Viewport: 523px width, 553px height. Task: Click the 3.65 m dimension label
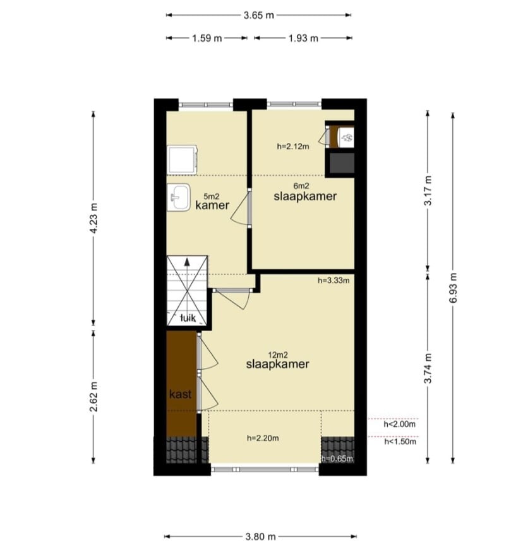pyautogui.click(x=258, y=16)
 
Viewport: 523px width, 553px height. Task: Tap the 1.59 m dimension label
pyautogui.click(x=207, y=38)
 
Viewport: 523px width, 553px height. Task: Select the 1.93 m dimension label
pyautogui.click(x=303, y=38)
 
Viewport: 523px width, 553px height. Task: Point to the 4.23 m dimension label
pyautogui.click(x=93, y=218)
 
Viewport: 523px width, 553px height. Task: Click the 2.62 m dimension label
pyautogui.click(x=93, y=397)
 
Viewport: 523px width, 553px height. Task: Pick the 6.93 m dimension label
pyautogui.click(x=454, y=288)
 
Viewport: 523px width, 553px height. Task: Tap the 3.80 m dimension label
pyautogui.click(x=260, y=537)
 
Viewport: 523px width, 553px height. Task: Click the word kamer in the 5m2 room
pyautogui.click(x=212, y=205)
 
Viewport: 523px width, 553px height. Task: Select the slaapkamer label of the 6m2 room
pyautogui.click(x=305, y=197)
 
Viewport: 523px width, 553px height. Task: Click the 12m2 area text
pyautogui.click(x=278, y=355)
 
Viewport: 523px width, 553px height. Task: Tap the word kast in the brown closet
pyautogui.click(x=181, y=394)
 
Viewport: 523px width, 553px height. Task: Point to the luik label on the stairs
pyautogui.click(x=188, y=318)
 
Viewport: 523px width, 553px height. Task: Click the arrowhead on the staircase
pyautogui.click(x=187, y=262)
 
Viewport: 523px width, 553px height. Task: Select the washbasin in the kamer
pyautogui.click(x=179, y=197)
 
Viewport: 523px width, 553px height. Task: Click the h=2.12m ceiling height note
pyautogui.click(x=293, y=147)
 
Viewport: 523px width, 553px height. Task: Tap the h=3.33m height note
pyautogui.click(x=334, y=281)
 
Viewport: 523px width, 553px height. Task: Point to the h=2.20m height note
pyautogui.click(x=263, y=439)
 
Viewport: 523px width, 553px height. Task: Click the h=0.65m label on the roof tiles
pyautogui.click(x=337, y=459)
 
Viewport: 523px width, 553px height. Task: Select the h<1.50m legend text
pyautogui.click(x=400, y=442)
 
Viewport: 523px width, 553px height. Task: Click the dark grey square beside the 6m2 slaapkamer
pyautogui.click(x=342, y=163)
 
